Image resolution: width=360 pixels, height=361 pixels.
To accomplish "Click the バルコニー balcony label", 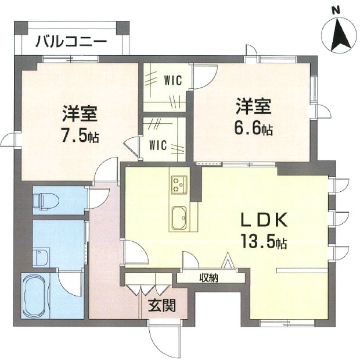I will coord(70,41).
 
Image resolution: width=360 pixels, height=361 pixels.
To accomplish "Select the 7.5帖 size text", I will coord(80,135).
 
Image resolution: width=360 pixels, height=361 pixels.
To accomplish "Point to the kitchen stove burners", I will coord(178,184).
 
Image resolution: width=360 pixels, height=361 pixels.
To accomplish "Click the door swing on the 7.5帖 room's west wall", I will coord(10,141).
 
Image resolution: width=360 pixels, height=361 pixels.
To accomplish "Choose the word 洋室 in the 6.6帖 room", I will coord(254,108).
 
